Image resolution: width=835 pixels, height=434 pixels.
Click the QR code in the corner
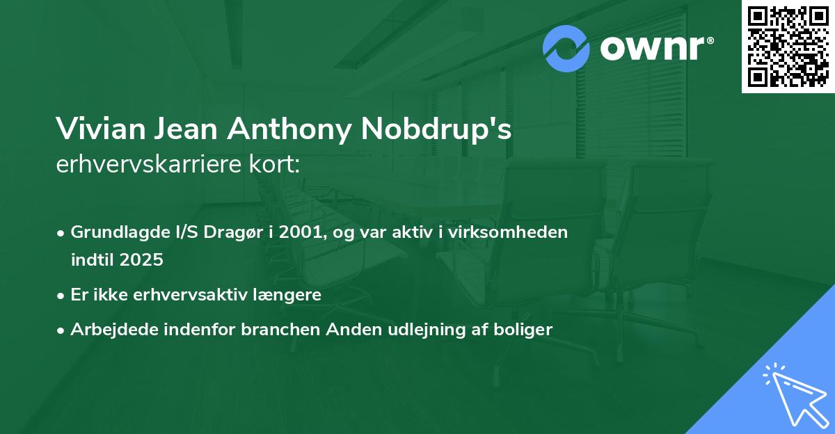click(788, 47)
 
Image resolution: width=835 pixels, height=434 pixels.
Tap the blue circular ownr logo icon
click(566, 49)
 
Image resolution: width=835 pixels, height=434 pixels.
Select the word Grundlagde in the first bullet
click(112, 232)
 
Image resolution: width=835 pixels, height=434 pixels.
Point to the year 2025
click(142, 260)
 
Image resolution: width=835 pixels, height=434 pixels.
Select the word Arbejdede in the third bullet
click(107, 330)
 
